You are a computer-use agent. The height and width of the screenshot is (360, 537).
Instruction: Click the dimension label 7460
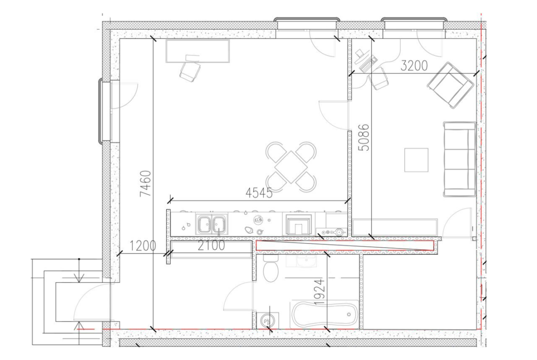coord(145,183)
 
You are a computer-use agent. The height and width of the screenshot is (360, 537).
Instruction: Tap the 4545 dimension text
coord(259,194)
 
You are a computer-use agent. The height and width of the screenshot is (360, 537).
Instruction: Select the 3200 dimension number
coord(414,66)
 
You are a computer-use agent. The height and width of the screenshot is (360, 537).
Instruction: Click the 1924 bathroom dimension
coord(319,292)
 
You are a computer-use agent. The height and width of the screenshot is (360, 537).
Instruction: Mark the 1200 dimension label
coord(142,245)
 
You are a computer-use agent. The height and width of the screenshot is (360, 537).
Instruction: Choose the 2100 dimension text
coord(211,245)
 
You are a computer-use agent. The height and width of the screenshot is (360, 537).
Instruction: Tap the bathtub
coord(324,315)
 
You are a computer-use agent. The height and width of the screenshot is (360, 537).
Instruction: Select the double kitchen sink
coord(212,224)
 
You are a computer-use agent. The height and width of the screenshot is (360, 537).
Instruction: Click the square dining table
coord(291,167)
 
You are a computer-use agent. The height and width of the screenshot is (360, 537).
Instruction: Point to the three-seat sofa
coord(459,159)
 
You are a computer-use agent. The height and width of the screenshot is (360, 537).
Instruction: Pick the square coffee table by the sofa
coord(416,160)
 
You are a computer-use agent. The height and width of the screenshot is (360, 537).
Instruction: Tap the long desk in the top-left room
coord(198,51)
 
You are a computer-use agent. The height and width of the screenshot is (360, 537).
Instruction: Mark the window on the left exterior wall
coord(105,111)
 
